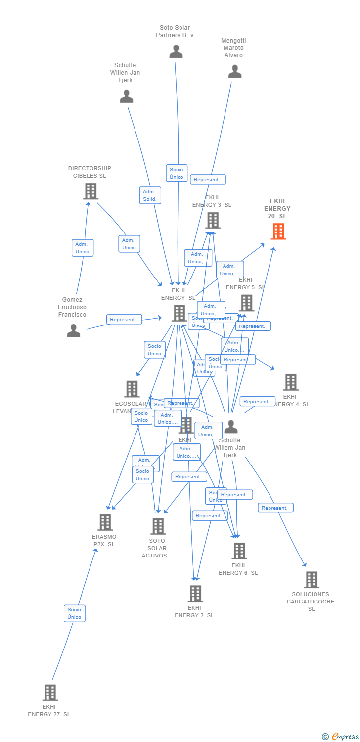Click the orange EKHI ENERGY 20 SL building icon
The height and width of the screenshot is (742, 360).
tap(278, 231)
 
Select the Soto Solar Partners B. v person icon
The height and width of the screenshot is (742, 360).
tap(176, 51)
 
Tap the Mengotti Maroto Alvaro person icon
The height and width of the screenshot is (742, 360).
tap(235, 72)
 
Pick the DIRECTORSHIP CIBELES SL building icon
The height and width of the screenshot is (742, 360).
tap(90, 191)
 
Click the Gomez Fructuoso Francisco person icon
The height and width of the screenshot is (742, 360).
tap(74, 330)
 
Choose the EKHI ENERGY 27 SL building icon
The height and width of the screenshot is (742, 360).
tap(50, 693)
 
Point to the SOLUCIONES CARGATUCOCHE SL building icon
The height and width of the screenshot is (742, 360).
tap(311, 580)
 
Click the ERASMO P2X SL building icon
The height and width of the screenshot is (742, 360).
tap(105, 522)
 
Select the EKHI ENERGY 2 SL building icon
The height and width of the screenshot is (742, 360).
tap(195, 594)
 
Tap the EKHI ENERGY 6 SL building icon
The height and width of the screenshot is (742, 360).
tap(239, 551)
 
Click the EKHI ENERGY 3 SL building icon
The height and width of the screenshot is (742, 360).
tap(213, 221)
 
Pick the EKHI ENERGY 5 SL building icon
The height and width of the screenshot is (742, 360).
tap(246, 303)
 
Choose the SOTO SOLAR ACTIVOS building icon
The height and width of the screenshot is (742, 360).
tap(158, 526)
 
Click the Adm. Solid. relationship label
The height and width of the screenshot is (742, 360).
tap(150, 195)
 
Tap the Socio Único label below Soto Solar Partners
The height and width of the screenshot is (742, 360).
tap(177, 173)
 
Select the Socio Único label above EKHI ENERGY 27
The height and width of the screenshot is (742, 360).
tap(74, 613)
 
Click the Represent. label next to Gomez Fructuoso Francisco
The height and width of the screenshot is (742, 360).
tap(124, 320)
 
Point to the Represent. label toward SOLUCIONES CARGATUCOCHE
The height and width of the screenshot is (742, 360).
tap(275, 508)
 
